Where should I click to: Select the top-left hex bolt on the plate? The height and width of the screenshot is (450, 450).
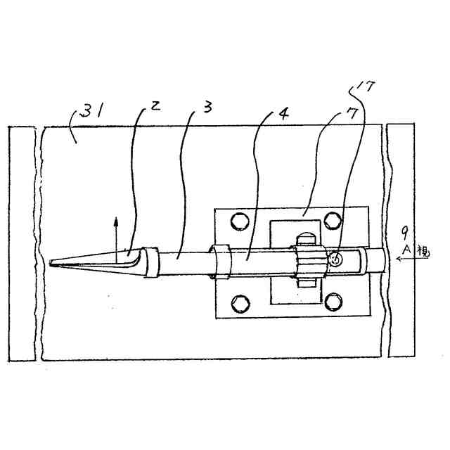[x=239, y=221]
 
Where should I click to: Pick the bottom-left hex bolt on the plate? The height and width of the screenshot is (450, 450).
[x=240, y=302]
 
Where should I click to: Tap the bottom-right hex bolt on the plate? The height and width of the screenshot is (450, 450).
[x=333, y=303]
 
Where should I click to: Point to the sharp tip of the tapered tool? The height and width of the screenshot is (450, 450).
[x=51, y=264]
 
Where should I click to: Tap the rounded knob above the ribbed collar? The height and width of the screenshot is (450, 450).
[x=307, y=240]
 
